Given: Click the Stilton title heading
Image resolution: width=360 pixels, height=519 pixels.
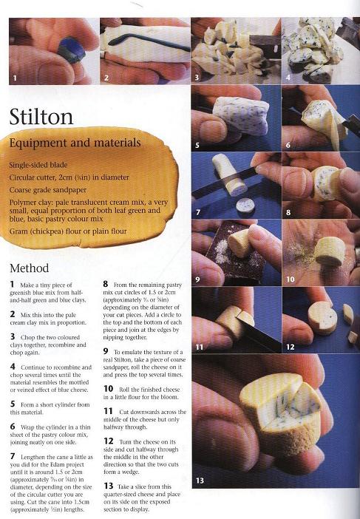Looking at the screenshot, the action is pos(41,117).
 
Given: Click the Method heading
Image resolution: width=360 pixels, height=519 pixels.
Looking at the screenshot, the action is pos(29,268).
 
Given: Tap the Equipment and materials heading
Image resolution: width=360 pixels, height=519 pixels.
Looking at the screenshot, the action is pos(75,143).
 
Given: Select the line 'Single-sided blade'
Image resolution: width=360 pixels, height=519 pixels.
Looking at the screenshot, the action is pos(38,165).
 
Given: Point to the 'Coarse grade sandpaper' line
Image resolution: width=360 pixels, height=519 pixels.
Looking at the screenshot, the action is pos(47,190).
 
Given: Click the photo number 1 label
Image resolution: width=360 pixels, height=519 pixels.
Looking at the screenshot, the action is pos(15,78).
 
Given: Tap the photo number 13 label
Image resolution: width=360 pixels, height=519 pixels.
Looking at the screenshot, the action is pos(200,480).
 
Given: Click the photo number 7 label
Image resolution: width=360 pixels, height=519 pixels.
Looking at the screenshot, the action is pos(198,212).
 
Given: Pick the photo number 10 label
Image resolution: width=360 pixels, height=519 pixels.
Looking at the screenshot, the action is pos(291,279).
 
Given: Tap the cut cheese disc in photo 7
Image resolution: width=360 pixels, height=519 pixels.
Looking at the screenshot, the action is pos(244,205).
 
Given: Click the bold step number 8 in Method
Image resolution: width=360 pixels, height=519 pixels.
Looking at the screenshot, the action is pos(106,284).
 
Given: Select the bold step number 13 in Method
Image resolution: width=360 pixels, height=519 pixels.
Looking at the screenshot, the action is pos(109,486).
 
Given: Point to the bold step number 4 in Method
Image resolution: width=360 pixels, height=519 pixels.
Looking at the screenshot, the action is pos(13,367).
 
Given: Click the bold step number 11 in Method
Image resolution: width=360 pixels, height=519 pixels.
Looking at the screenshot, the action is pos(108,411).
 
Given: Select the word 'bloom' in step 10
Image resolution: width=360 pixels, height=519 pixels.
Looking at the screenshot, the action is pos(171,397).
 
